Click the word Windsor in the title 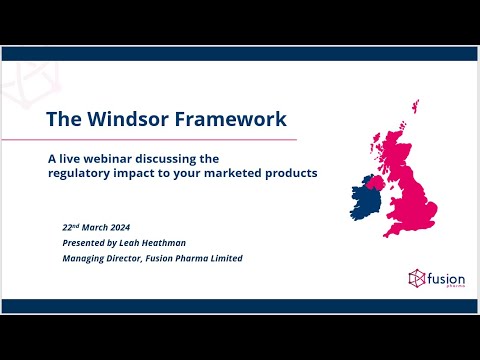click(131, 119)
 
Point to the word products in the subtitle click(289, 173)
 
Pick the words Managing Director click(99, 258)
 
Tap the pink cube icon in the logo click(417, 277)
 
